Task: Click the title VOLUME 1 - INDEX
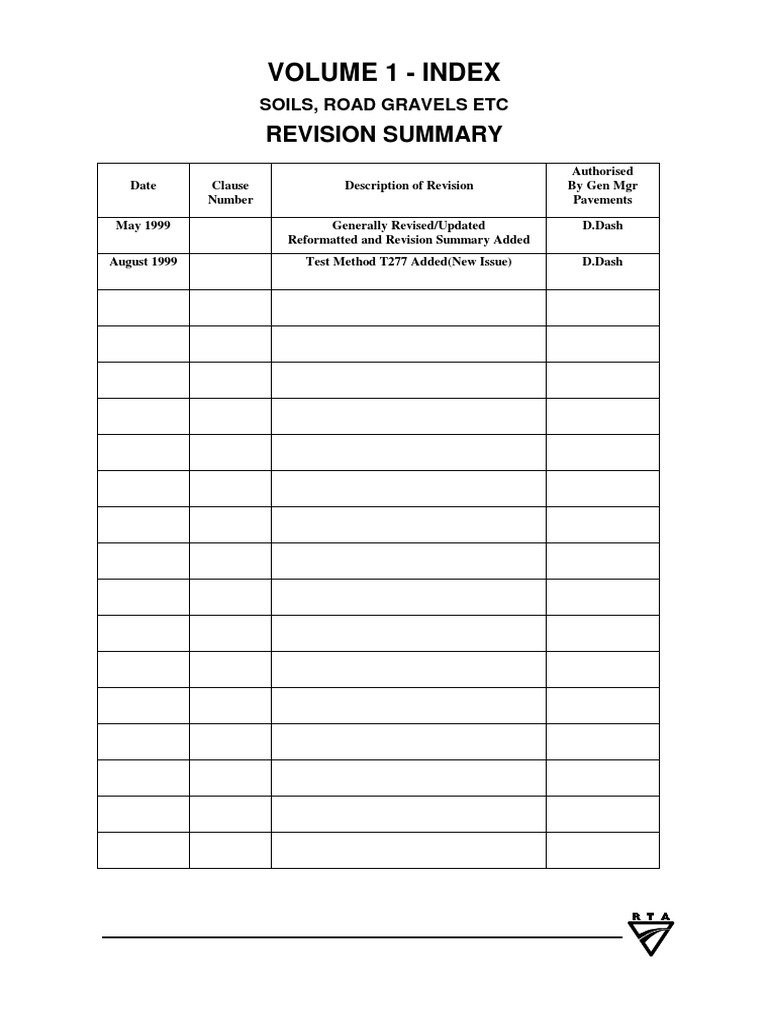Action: [383, 72]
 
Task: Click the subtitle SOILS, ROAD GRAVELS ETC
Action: [383, 105]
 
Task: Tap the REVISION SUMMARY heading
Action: [383, 135]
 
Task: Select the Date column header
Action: [143, 186]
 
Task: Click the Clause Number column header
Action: [230, 193]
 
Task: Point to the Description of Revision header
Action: [408, 186]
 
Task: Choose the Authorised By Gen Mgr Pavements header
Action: [602, 186]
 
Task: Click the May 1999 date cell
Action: [143, 226]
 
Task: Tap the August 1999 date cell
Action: [143, 262]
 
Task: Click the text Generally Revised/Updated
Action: [408, 226]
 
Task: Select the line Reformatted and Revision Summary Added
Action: [408, 241]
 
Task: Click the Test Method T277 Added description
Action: [408, 262]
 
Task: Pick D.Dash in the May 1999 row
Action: [602, 226]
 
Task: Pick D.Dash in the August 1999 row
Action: [602, 262]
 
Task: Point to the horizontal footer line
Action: [360, 938]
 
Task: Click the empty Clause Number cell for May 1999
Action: [230, 234]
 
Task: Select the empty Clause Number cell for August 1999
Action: [230, 271]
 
